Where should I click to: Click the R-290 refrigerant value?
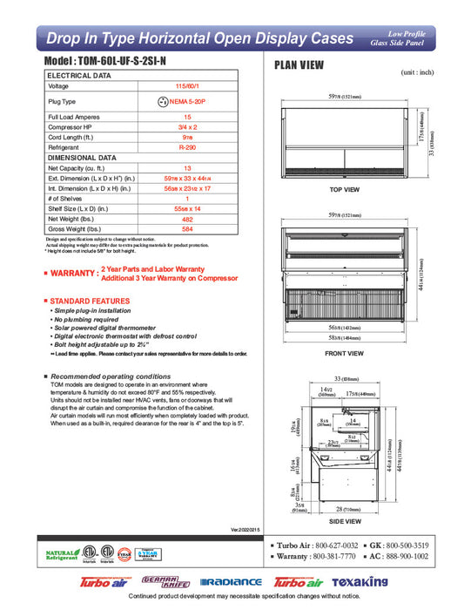point(187,148)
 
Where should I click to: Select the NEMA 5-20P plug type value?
point(193,101)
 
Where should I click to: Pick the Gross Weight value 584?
point(187,231)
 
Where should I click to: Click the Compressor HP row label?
point(71,126)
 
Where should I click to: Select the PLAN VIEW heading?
point(300,64)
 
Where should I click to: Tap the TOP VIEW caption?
point(345,189)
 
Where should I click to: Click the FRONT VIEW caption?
point(344,353)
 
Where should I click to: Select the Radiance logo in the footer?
point(231,582)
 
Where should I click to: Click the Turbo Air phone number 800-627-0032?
point(332,543)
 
